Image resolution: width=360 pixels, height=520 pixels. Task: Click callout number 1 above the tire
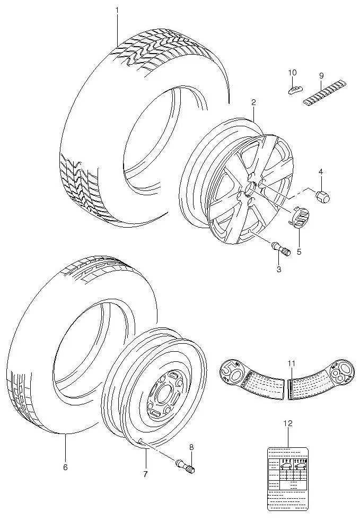[x=117, y=10]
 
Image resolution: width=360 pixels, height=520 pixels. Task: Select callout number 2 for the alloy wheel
[x=253, y=102]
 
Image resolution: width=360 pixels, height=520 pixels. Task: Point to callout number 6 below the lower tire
[x=65, y=467]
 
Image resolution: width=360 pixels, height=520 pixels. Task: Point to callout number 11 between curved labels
[x=291, y=362]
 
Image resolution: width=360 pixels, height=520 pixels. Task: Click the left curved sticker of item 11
[x=251, y=378]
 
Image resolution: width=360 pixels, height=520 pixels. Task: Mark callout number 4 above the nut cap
[x=320, y=171]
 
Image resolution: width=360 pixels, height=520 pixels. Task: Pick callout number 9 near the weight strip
[x=321, y=76]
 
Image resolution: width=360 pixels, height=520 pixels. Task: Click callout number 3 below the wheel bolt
[x=278, y=269]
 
